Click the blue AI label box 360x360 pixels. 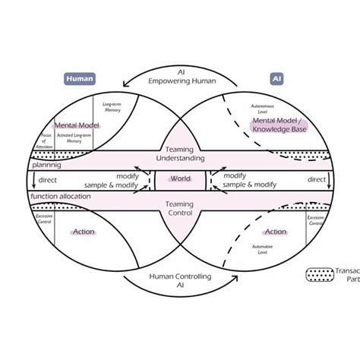(276, 77)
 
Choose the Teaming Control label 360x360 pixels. (179, 208)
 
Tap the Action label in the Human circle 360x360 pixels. (83, 232)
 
